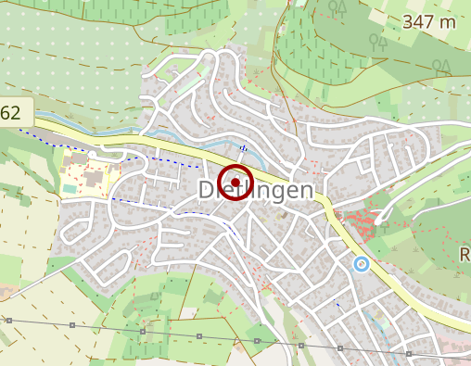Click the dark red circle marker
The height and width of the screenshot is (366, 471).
[236, 182]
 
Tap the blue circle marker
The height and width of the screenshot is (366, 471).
[362, 264]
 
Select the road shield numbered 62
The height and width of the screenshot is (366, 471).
[12, 114]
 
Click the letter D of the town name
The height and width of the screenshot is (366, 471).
[208, 190]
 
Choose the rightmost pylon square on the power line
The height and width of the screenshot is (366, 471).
[407, 353]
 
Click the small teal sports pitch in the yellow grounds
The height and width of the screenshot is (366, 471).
[71, 189]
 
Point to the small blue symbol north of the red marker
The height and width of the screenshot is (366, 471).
[243, 148]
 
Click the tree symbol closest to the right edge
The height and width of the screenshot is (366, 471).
[445, 66]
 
